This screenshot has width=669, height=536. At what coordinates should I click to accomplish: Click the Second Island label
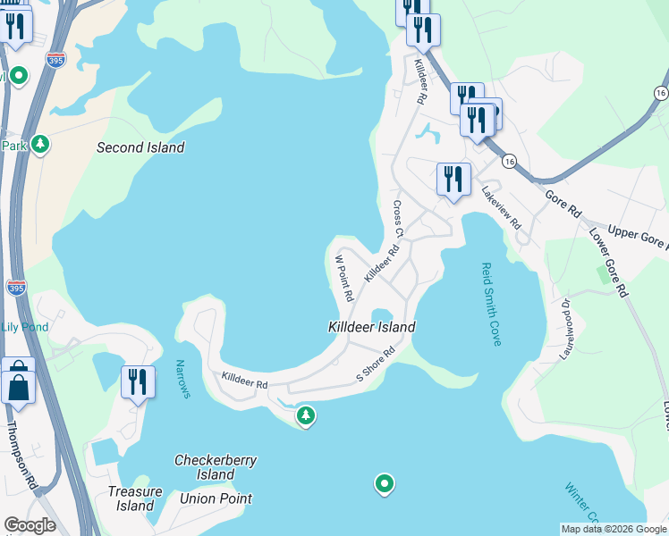tap(140, 147)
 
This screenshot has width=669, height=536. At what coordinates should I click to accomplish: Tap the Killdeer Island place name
tap(371, 327)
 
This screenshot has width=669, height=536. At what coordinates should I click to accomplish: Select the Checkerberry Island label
tap(216, 467)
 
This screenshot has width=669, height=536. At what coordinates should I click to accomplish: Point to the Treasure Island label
tap(135, 498)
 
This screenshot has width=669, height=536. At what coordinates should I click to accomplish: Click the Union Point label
tap(216, 498)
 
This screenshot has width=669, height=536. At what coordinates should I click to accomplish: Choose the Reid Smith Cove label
tap(493, 304)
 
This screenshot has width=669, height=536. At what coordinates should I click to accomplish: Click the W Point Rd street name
tap(343, 278)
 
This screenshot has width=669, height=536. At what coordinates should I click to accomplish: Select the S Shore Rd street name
tap(376, 364)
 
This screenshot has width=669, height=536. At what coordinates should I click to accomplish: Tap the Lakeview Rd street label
tap(501, 208)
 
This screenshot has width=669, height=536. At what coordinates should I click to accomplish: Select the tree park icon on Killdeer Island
tap(306, 415)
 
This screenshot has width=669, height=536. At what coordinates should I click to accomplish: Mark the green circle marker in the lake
tap(385, 484)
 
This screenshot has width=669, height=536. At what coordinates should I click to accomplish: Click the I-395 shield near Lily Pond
tap(15, 287)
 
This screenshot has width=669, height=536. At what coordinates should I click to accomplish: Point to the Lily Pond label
tap(24, 327)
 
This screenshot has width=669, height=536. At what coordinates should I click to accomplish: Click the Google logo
tap(30, 525)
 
